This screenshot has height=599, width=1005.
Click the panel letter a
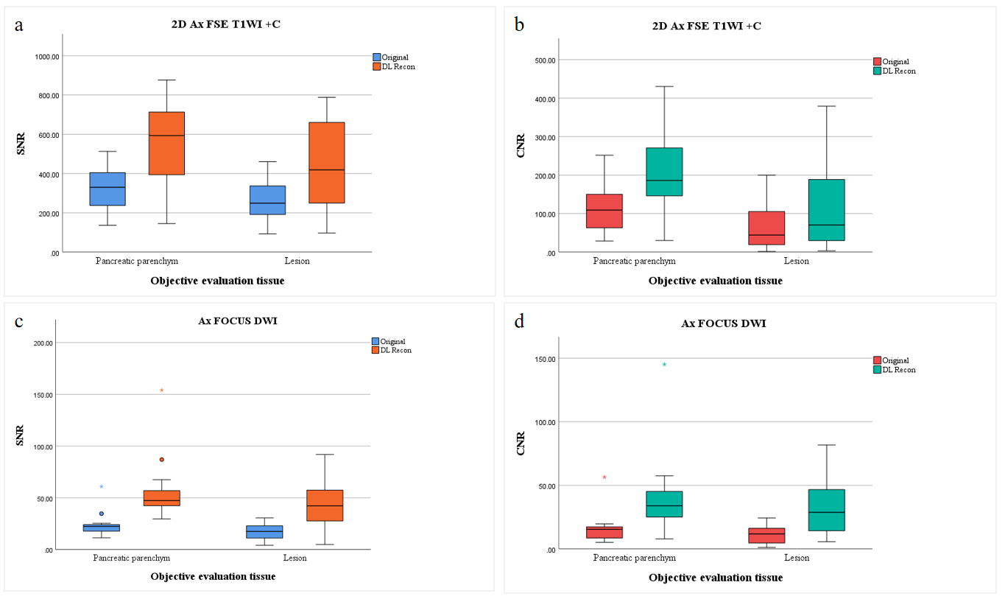pos(19,24)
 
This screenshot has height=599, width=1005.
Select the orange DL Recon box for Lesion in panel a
pos(326,162)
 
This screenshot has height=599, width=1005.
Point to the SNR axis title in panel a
pos(21,144)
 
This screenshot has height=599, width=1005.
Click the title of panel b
pos(707,26)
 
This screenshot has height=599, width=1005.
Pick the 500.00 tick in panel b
pos(540,60)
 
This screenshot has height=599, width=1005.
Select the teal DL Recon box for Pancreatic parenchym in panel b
pos(664,172)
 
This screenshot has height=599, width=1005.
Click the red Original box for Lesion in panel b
pos(766,228)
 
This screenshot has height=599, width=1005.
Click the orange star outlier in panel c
pos(161,390)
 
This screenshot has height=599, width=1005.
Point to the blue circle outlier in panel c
pos(102,514)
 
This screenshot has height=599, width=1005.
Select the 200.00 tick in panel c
pos(40,343)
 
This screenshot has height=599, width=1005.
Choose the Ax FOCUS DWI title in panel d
pos(723,323)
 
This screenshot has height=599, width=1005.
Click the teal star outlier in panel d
pos(664,365)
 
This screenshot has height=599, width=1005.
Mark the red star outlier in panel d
pos(604,477)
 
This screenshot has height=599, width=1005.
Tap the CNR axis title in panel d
pos(521,441)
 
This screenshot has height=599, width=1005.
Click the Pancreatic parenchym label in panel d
pos(634,558)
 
